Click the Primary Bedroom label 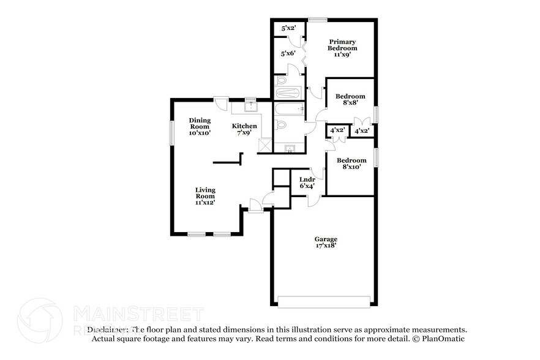342,45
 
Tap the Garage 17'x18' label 326,242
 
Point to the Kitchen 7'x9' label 244,129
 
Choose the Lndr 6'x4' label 307,183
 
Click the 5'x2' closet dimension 288,28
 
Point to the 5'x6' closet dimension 288,54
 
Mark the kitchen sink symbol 250,107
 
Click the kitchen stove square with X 265,146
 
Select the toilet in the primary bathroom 281,81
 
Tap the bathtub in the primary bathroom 287,94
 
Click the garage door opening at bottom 324,301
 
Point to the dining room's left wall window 171,132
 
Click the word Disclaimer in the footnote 108,329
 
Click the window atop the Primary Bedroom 317,20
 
